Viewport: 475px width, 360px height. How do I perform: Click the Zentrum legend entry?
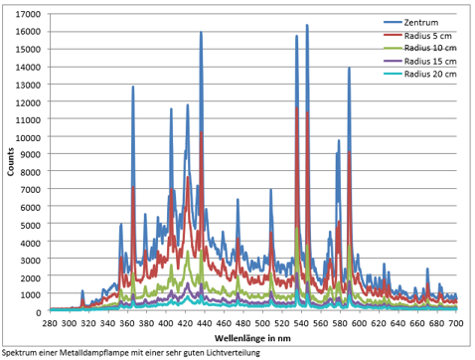(x=411, y=23)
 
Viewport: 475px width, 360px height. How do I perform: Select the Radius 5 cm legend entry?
(x=417, y=36)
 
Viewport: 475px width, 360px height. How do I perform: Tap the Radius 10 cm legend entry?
(x=420, y=48)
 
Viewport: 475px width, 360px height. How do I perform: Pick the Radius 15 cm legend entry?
(x=420, y=62)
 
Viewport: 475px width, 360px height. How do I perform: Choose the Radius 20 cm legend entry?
(x=420, y=74)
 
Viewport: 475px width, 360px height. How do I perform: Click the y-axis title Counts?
(x=11, y=162)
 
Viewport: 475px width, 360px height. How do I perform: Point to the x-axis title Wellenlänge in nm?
(x=252, y=338)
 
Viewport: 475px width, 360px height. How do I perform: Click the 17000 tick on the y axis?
(x=28, y=14)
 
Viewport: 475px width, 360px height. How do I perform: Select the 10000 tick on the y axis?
(x=28, y=137)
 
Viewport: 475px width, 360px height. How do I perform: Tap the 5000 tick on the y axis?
(x=31, y=225)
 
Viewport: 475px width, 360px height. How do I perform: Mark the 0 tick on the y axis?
(x=39, y=312)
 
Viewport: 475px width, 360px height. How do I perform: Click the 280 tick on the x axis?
(x=50, y=323)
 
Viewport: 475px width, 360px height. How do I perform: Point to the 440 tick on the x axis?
(x=205, y=323)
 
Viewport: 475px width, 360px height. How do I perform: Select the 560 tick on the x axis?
(x=320, y=323)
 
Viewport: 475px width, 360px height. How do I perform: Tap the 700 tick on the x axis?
(x=456, y=323)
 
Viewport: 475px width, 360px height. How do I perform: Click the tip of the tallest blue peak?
(x=307, y=25)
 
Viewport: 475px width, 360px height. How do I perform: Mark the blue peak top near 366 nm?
(x=133, y=87)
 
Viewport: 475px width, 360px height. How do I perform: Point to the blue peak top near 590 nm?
(x=349, y=68)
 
